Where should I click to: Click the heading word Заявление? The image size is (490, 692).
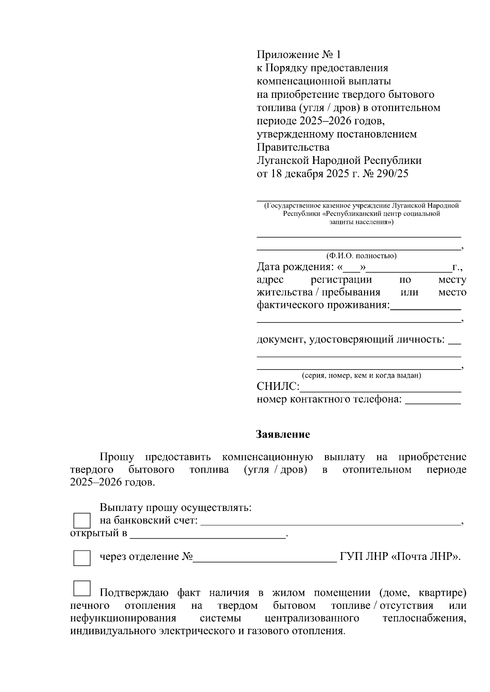point(283,435)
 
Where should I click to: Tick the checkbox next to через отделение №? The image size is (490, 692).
point(82,557)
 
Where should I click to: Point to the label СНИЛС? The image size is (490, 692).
point(278,387)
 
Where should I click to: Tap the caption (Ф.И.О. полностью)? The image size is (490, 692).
point(361,256)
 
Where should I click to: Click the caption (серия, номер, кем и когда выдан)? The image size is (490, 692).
point(361,376)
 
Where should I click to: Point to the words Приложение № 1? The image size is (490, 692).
point(298,55)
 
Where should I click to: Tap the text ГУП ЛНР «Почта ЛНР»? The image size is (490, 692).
point(400,557)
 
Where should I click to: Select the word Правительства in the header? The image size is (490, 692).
point(293,147)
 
